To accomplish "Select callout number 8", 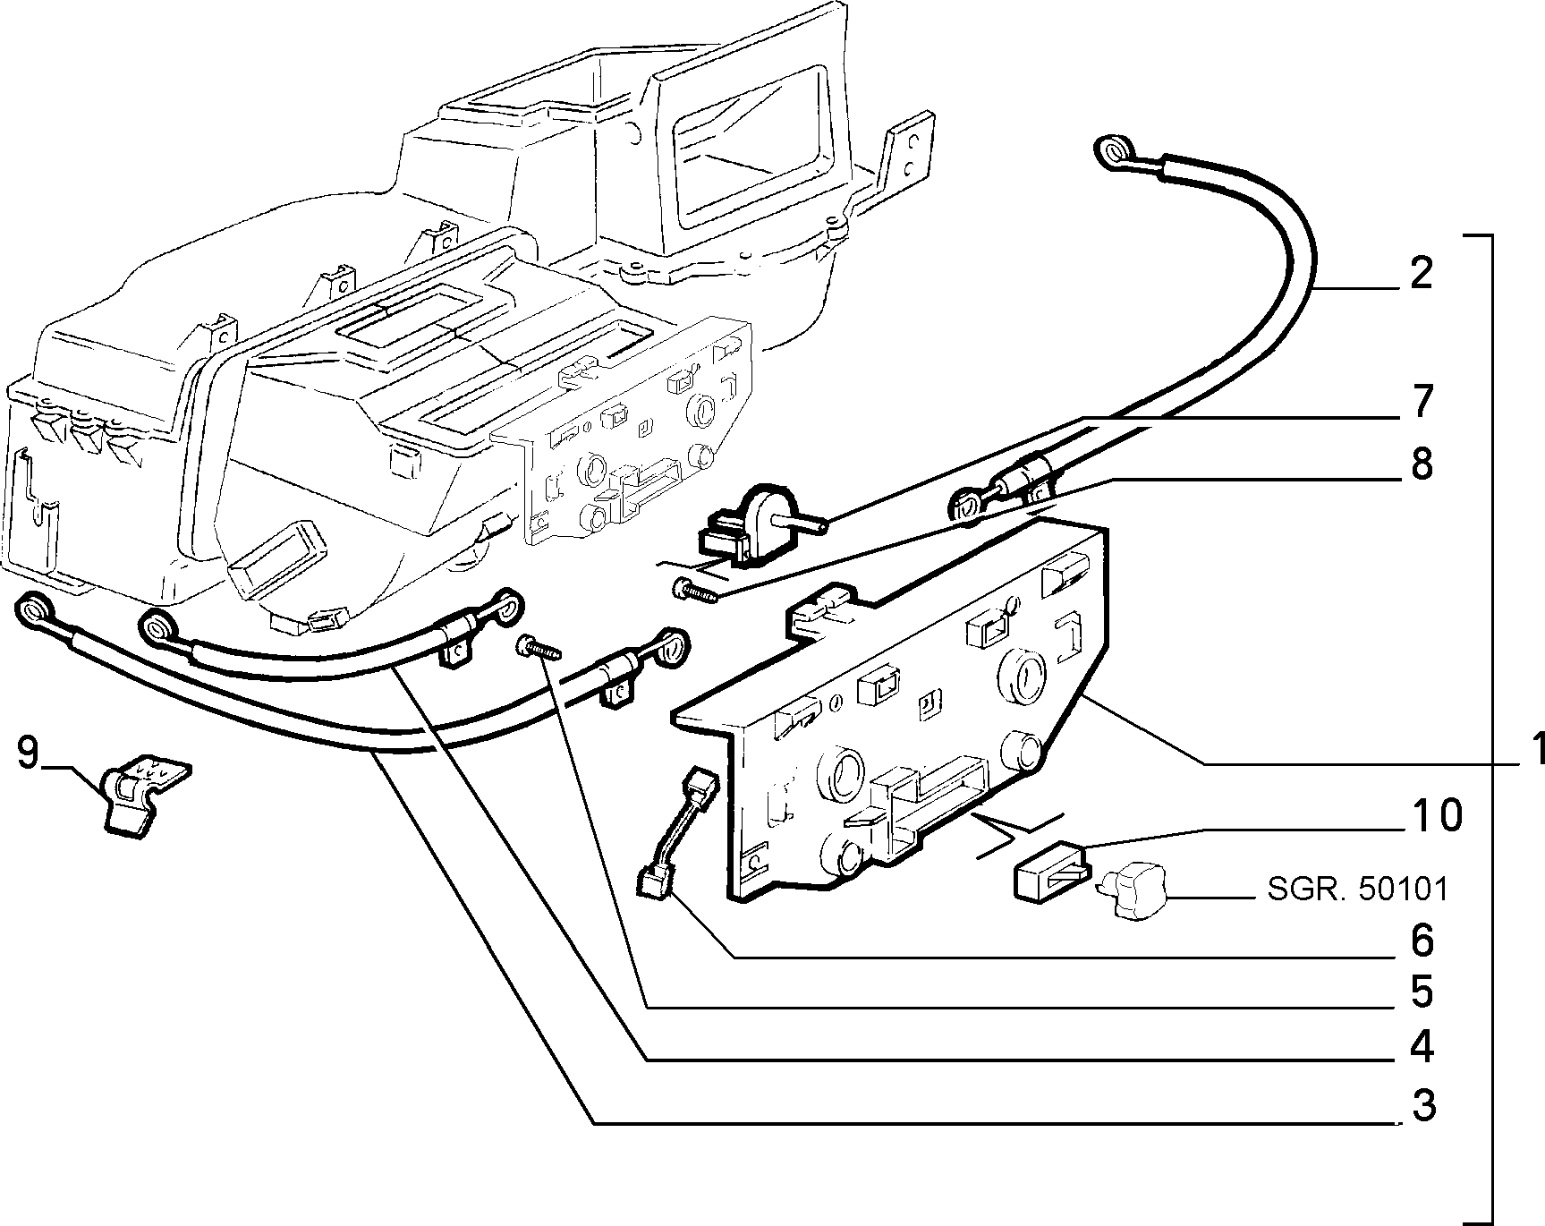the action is tap(1420, 464).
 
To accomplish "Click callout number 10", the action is tap(1432, 815).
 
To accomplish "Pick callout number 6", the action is tap(1422, 941).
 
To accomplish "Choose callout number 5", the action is tap(1422, 991).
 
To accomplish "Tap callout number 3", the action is tap(1422, 1106).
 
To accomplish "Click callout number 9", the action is tap(29, 753).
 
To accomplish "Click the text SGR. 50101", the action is tap(1356, 889).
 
